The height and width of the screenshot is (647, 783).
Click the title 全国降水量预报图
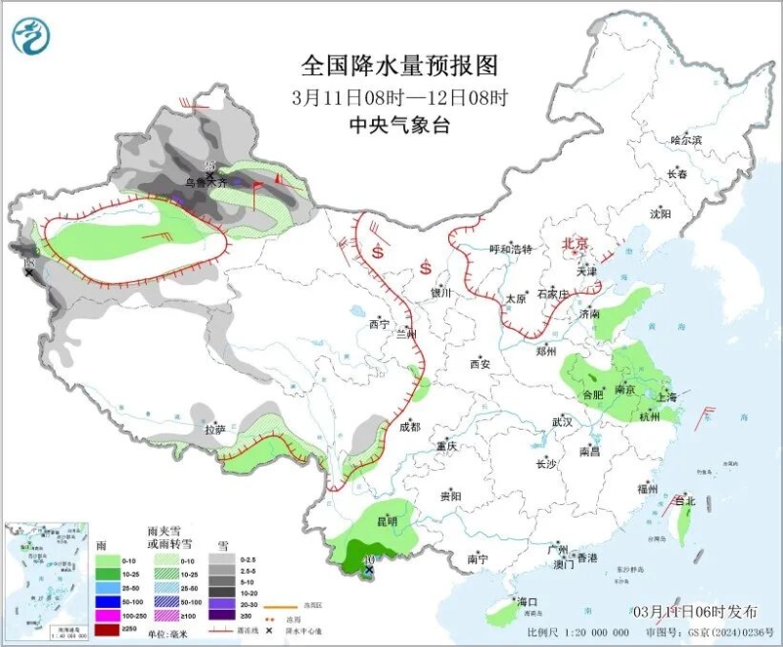point(399,67)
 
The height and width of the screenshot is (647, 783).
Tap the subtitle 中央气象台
point(399,125)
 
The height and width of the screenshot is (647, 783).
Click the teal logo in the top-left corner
point(30,36)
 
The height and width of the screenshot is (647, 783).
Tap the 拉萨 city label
point(215,429)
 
